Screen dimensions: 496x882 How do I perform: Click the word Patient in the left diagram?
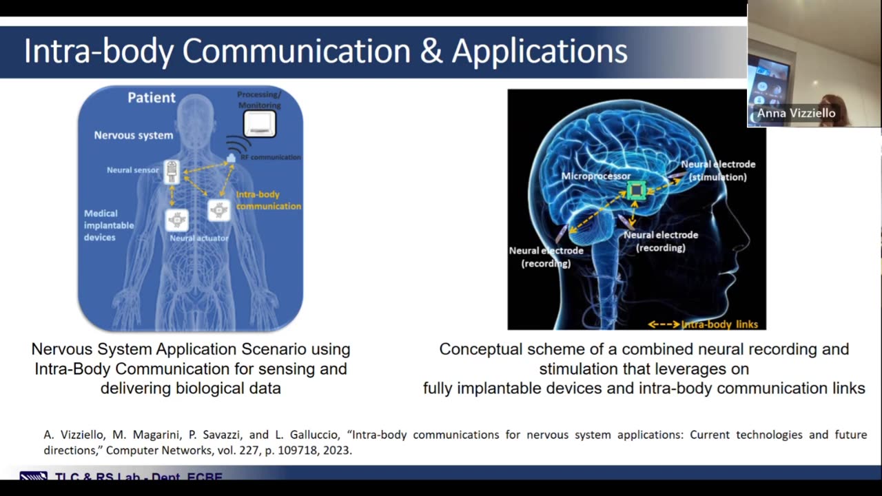tap(152, 98)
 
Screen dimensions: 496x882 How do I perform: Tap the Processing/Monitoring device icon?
tap(259, 125)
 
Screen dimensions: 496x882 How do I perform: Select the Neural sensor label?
tap(132, 169)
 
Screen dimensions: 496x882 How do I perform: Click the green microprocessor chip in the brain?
tap(636, 190)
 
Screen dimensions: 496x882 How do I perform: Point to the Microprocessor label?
tap(596, 176)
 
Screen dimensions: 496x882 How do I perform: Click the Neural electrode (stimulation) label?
tap(718, 170)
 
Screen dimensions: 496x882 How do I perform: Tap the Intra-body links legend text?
tap(719, 324)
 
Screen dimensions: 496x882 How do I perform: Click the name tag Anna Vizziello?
tap(796, 113)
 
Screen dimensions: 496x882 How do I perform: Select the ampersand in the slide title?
tap(431, 52)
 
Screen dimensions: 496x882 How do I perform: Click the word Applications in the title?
tap(540, 52)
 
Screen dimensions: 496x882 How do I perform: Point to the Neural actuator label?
tap(199, 238)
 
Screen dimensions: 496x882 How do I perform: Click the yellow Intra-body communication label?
tap(268, 200)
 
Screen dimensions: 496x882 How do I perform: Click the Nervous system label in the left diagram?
tap(134, 135)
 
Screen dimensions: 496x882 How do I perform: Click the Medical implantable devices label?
tap(101, 225)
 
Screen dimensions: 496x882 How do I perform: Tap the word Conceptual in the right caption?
tap(478, 349)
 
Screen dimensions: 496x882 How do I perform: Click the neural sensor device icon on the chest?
tap(172, 172)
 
